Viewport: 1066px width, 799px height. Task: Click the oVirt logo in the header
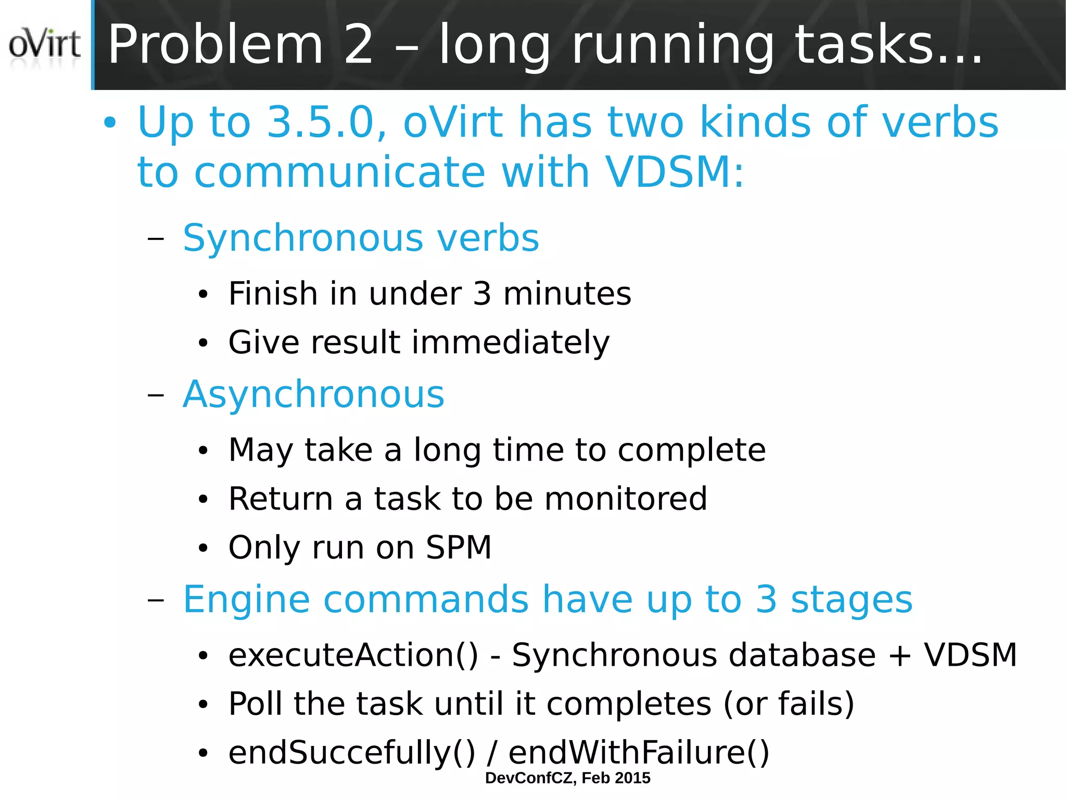pyautogui.click(x=45, y=44)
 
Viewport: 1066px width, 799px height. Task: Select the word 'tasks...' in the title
pyautogui.click(x=889, y=45)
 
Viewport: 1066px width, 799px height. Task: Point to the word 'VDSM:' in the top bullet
pyautogui.click(x=675, y=172)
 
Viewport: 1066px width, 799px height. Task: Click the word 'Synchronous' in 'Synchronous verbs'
pyautogui.click(x=302, y=239)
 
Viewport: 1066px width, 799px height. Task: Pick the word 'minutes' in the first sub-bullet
pyautogui.click(x=567, y=294)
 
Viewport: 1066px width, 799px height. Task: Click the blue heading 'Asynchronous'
pyautogui.click(x=313, y=395)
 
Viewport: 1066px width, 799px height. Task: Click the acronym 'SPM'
pyautogui.click(x=459, y=548)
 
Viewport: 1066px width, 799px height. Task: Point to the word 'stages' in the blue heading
pyautogui.click(x=852, y=600)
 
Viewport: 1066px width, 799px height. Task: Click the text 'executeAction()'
pyautogui.click(x=353, y=655)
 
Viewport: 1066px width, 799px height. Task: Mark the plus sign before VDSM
pyautogui.click(x=899, y=655)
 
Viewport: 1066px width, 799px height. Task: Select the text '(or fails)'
pyautogui.click(x=789, y=704)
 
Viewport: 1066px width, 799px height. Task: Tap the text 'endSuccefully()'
pyautogui.click(x=352, y=753)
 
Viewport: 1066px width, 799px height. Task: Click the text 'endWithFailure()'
pyautogui.click(x=639, y=753)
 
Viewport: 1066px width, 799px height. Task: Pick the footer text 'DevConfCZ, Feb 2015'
pyautogui.click(x=567, y=778)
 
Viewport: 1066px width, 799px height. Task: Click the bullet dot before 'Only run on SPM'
pyautogui.click(x=203, y=548)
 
